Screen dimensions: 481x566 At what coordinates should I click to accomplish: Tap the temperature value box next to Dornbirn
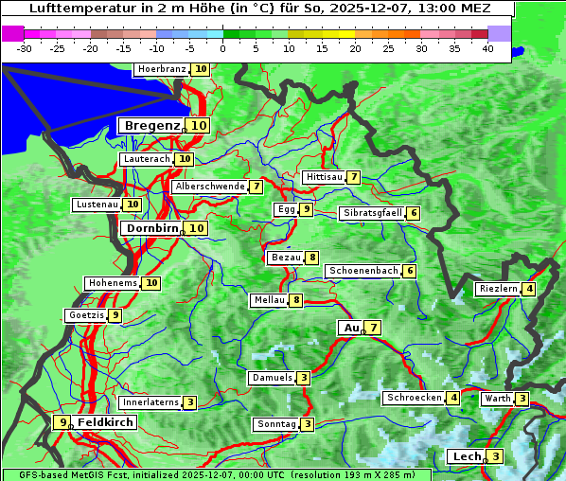(197, 228)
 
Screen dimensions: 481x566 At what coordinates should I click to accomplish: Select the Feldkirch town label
(105, 422)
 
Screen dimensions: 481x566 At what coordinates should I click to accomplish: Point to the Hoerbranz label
(162, 69)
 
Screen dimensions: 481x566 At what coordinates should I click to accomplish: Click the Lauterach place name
(147, 159)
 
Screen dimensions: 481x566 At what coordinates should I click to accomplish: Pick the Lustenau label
(97, 205)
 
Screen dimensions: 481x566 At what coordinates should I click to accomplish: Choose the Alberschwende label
(209, 187)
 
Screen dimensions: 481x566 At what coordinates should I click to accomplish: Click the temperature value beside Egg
(307, 209)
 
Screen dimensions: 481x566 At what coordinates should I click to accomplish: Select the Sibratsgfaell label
(372, 213)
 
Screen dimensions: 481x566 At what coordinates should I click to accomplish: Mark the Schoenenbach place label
(363, 271)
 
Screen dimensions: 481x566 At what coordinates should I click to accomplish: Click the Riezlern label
(498, 289)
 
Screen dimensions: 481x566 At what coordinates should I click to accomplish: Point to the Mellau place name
(268, 300)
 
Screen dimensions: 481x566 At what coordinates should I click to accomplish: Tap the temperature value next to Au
(374, 328)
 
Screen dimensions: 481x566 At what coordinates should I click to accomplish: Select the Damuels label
(272, 378)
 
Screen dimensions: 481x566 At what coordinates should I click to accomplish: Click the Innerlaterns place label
(150, 402)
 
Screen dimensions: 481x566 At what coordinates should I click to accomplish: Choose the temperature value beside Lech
(496, 457)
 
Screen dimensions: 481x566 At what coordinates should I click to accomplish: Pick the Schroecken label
(414, 398)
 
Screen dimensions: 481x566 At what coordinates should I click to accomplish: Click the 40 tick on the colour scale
(487, 47)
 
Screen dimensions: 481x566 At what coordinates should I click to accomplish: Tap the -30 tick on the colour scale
(25, 47)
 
